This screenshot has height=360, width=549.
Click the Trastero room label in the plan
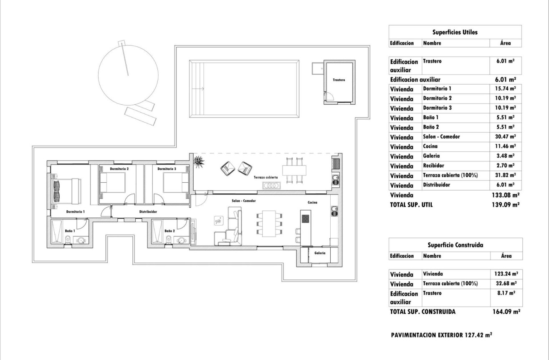point(339,80)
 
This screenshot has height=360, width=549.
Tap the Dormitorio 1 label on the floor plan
point(75,212)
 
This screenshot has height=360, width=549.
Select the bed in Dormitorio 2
point(113,182)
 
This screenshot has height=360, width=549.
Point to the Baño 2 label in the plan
point(169,231)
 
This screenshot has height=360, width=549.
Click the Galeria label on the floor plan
point(320,253)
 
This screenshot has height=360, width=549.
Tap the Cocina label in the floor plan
point(312,202)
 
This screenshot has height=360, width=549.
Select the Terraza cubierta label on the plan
point(266,178)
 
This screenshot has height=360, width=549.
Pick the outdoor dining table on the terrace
point(293,170)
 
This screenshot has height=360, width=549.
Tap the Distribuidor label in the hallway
point(148,212)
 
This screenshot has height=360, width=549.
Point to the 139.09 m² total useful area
point(505,204)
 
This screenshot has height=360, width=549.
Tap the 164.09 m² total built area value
point(505,311)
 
